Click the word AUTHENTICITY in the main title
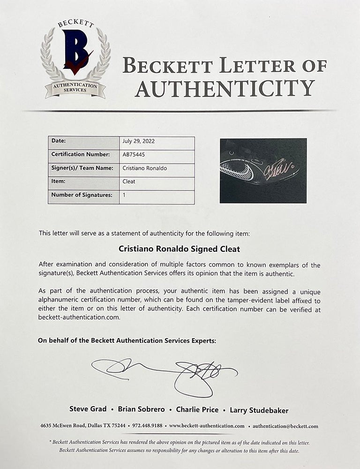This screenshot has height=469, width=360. tap(225, 88)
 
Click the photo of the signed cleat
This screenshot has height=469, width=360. tap(263, 170)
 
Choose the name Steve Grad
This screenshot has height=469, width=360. tap(88, 409)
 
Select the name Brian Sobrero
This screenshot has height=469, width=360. tap(139, 409)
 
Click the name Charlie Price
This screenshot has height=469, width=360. tap(197, 409)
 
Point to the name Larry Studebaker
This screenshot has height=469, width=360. tap(259, 410)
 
